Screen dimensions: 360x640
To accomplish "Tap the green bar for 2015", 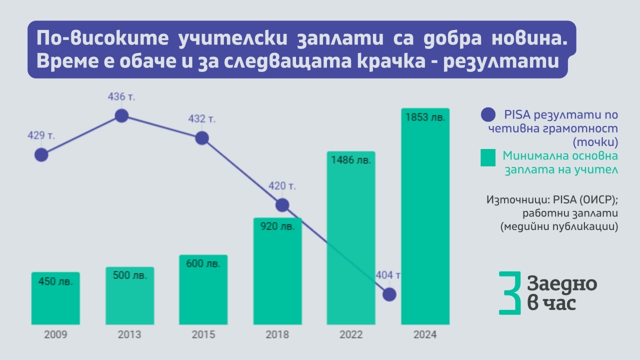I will coord(203,295).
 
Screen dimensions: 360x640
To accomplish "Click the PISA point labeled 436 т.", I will coord(121,115).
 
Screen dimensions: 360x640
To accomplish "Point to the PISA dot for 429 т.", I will coord(41,154).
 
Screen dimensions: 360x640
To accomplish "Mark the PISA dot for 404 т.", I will coord(389,294).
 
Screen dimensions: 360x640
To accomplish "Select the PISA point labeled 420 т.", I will coord(282,204).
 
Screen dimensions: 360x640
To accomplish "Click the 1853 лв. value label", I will coord(425,118).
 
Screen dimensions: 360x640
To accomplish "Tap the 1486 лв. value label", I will coord(350,160).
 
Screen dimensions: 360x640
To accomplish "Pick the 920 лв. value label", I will coord(277,226).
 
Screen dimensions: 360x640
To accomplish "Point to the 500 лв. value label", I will coord(129,275).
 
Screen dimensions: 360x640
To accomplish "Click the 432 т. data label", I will coord(201,119).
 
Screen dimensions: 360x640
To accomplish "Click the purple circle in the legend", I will coord(488,115).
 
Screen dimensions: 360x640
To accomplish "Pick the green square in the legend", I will coord(488,157).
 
